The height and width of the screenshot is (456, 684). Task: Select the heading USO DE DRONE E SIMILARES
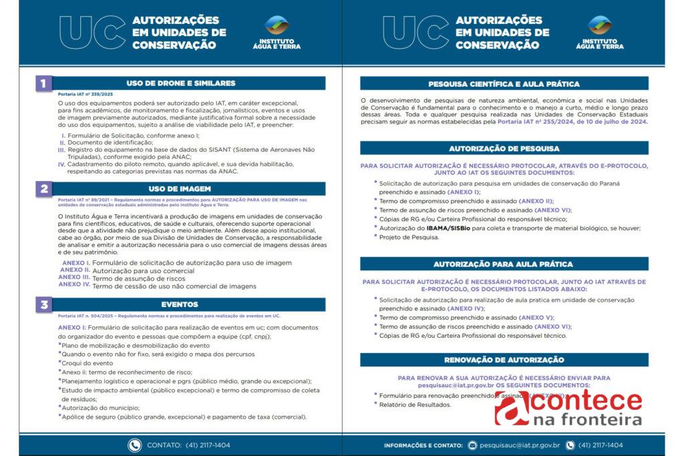tap(190, 83)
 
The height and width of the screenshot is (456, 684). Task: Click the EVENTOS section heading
tap(190, 304)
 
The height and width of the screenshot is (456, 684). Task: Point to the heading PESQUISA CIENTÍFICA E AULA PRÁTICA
tap(504, 84)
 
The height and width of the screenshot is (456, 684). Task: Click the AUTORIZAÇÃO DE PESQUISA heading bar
tap(504, 148)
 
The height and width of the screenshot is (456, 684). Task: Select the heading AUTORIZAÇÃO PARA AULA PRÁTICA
tap(504, 264)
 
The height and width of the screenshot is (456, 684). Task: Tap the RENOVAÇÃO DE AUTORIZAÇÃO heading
tap(504, 360)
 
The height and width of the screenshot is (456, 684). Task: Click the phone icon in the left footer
tap(135, 445)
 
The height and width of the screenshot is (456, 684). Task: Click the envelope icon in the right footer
tap(472, 445)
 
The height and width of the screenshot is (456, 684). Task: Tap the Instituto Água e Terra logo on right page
tap(599, 32)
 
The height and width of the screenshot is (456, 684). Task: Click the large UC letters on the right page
tap(415, 32)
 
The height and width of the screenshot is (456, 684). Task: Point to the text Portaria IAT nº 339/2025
tap(85, 95)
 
